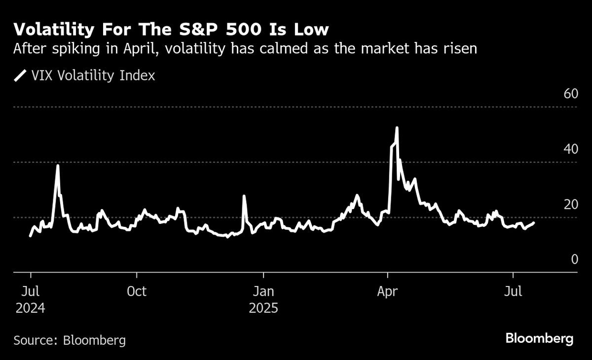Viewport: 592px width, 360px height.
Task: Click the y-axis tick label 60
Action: [571, 94]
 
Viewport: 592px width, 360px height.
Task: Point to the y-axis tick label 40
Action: [571, 149]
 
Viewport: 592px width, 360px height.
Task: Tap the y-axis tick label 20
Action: [571, 204]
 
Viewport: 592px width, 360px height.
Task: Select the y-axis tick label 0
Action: [574, 259]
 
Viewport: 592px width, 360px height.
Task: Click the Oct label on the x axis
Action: [136, 291]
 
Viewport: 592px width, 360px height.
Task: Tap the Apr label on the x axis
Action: [388, 291]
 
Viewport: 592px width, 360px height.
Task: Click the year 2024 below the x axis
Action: [30, 309]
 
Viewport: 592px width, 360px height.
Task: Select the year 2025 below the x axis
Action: [263, 309]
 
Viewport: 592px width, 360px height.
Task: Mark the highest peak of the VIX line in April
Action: [397, 128]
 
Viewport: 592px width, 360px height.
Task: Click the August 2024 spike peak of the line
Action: [58, 166]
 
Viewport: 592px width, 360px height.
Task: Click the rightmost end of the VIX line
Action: [533, 223]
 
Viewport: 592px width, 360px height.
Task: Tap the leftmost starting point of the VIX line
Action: [31, 236]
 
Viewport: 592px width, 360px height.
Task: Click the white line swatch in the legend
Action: [20, 76]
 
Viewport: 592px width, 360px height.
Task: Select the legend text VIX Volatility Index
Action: [93, 76]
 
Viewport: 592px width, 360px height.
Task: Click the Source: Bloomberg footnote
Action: [70, 340]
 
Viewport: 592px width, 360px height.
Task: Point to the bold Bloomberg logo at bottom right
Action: [539, 339]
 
